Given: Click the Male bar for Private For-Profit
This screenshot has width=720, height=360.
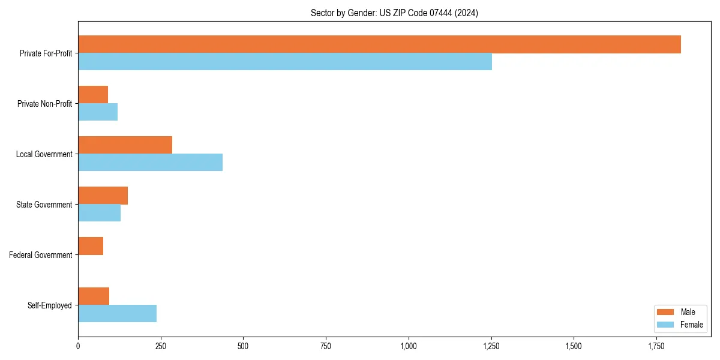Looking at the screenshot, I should click(x=379, y=44).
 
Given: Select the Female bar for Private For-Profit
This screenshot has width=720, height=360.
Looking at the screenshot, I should click(x=285, y=62).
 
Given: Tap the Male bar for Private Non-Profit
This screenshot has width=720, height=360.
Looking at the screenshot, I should click(x=93, y=95).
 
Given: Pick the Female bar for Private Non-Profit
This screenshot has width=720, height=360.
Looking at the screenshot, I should click(x=98, y=112).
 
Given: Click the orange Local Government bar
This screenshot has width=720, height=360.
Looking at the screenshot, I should click(x=125, y=145).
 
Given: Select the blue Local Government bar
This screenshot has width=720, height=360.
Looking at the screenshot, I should click(x=150, y=163).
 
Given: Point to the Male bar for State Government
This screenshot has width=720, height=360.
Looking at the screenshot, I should click(x=103, y=196).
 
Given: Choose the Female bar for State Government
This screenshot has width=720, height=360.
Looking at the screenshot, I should click(x=99, y=213).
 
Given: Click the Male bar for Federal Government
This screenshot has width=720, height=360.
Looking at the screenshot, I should click(x=91, y=246).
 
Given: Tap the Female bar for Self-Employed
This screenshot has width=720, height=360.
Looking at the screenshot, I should click(x=117, y=314).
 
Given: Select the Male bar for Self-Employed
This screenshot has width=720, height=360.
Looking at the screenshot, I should click(x=94, y=296).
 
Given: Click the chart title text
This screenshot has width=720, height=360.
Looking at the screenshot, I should click(x=394, y=13).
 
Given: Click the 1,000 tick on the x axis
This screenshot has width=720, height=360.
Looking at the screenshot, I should click(x=409, y=346).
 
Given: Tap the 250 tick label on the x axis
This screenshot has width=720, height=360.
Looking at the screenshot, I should click(x=161, y=346).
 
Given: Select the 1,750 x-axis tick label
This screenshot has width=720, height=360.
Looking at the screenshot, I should click(x=656, y=346).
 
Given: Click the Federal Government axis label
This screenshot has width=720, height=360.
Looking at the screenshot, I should click(x=41, y=255).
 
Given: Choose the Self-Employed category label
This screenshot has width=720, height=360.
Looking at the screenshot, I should click(x=50, y=305).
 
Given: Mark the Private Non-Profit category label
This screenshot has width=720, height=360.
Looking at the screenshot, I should click(x=44, y=104).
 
